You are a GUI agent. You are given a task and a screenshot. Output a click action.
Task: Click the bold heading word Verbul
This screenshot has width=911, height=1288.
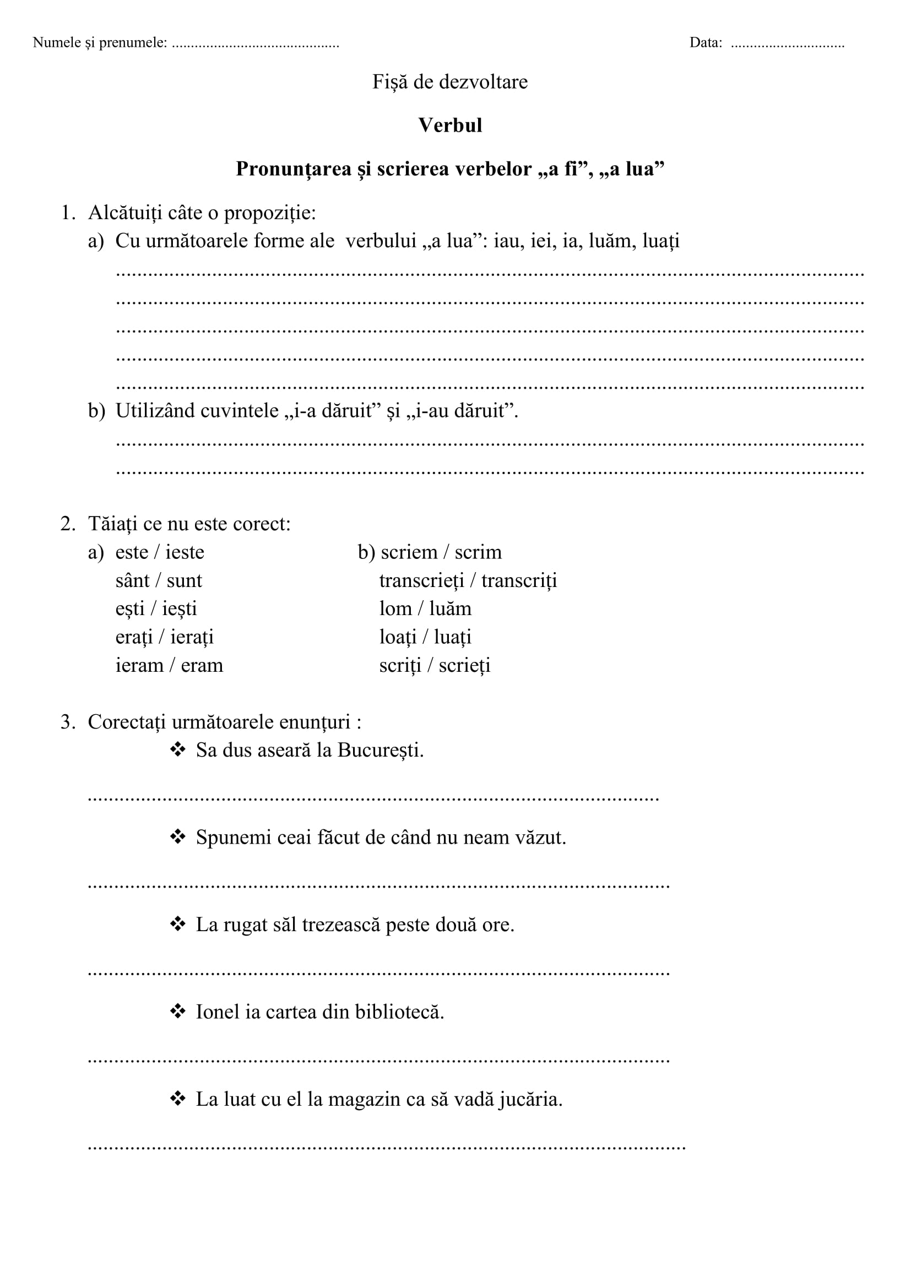point(450,125)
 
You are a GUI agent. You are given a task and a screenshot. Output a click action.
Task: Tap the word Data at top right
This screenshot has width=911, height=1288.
point(705,42)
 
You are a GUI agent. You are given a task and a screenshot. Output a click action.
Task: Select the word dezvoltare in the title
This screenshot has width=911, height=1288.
point(484,82)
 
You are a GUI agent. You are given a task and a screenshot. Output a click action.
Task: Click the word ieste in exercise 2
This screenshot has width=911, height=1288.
point(185,552)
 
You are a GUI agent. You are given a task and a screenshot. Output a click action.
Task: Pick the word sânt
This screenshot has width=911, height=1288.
point(132,580)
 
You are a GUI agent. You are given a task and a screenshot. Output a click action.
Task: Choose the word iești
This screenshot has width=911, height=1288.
point(180,608)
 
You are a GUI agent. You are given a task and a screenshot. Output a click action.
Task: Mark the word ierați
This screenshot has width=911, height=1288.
point(192,637)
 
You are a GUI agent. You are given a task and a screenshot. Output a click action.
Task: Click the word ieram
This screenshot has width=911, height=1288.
point(139,665)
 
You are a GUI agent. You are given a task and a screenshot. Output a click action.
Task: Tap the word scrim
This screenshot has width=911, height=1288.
point(478,552)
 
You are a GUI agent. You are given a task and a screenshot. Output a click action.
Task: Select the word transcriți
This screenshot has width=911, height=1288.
point(519,580)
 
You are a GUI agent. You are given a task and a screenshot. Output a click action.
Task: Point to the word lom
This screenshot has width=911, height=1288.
point(395,608)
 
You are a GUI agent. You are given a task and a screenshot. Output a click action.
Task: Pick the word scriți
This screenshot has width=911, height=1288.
point(400,665)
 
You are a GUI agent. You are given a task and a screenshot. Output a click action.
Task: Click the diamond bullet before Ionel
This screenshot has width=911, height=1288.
point(178,1012)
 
